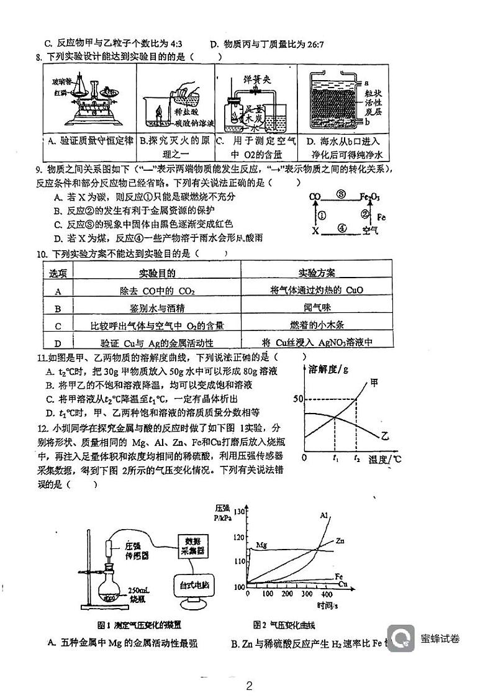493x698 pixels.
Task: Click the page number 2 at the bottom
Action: tap(249, 686)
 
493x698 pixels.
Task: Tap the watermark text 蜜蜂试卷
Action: tap(440, 638)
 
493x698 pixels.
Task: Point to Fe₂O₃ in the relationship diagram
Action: tap(371, 198)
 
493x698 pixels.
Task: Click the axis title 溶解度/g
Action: tap(328, 369)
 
